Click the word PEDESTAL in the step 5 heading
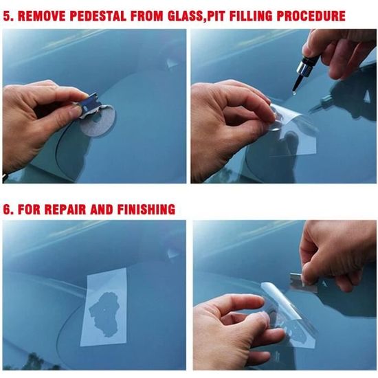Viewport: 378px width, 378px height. coord(98,16)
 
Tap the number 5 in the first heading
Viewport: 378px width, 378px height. coord(7,16)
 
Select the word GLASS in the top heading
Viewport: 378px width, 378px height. coord(186,16)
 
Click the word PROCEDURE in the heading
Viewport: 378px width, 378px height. coord(311,16)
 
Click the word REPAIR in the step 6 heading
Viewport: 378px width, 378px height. coord(65,209)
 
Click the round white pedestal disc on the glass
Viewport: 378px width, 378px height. coord(98,121)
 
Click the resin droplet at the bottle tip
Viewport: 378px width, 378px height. coord(294,93)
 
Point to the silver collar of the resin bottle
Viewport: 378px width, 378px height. coord(304,67)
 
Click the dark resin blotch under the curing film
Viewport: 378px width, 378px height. coord(104,314)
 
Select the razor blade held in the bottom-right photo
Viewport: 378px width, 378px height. coord(304,282)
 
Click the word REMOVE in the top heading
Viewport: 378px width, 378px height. coord(41,16)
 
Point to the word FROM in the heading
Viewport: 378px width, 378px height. coord(147,16)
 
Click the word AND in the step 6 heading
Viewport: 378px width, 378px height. coord(102,209)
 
